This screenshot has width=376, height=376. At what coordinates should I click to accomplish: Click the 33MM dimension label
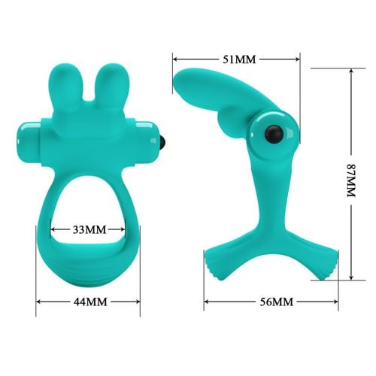click(x=89, y=227)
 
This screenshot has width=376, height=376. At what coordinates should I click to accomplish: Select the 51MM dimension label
click(x=237, y=58)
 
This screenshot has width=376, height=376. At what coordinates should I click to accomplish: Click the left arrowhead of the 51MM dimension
click(x=175, y=58)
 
